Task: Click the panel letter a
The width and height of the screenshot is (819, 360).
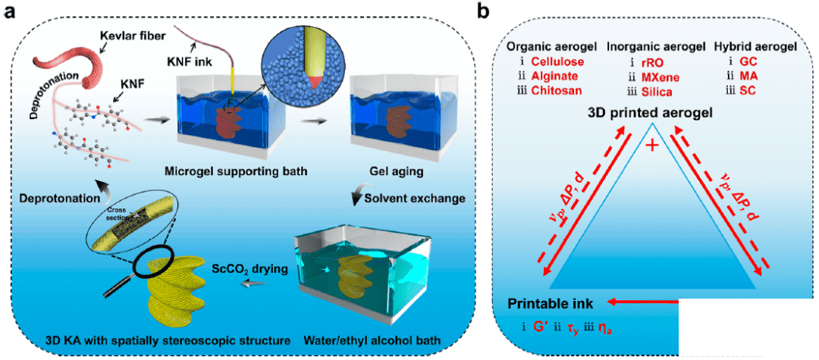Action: point(11,12)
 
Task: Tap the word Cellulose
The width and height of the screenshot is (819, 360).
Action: point(557,61)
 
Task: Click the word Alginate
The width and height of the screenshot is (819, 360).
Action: point(554,77)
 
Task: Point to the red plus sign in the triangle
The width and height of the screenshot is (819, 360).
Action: point(650,145)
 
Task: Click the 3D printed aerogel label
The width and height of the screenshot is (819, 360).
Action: point(650,113)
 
